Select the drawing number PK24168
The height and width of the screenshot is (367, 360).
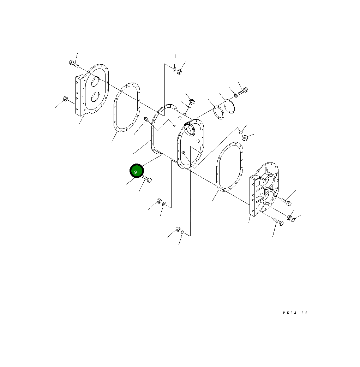click(295, 313)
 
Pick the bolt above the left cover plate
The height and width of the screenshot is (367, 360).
click(73, 64)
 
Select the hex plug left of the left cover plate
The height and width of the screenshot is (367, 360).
click(65, 99)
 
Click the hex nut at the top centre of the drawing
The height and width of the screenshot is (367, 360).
click(179, 72)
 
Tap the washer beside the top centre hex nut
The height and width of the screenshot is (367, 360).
click(174, 68)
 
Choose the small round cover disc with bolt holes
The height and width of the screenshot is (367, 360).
click(229, 107)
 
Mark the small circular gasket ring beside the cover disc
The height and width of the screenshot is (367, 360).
click(219, 112)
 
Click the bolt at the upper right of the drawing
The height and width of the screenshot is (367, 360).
click(243, 91)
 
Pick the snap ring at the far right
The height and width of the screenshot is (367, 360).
click(294, 220)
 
